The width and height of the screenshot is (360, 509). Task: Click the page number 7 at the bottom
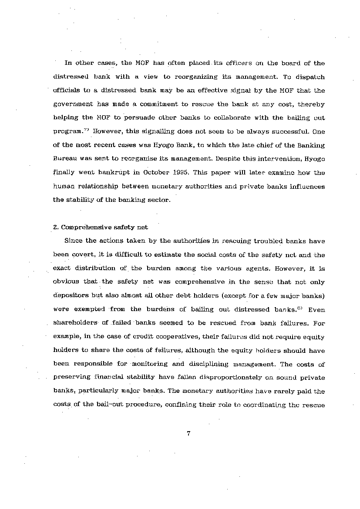188,433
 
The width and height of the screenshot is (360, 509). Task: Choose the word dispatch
310,77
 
